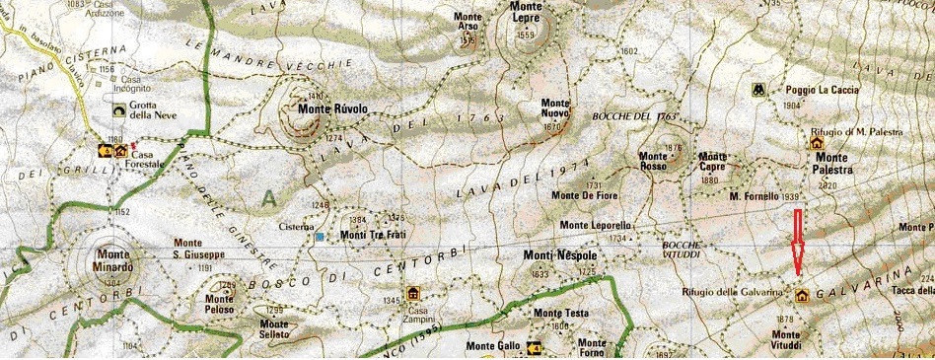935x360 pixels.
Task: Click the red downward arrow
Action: click(x=799, y=243)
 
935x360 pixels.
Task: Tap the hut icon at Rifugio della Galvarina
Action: click(x=801, y=295)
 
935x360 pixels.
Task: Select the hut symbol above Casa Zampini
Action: click(x=412, y=292)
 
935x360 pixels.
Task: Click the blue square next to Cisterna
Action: click(x=320, y=237)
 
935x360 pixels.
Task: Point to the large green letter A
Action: click(x=267, y=198)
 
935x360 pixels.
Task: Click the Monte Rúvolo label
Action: click(x=332, y=109)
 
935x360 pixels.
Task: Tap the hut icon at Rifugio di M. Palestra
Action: click(x=817, y=144)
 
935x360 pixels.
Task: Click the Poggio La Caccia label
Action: click(x=824, y=90)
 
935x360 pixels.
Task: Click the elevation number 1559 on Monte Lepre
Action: click(x=526, y=36)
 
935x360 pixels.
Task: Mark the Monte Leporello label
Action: click(x=595, y=226)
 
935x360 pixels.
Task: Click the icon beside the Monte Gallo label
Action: click(x=535, y=347)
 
